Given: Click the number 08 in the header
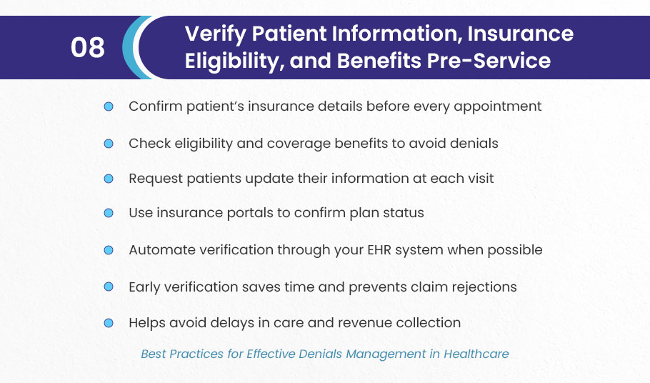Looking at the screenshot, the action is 87,47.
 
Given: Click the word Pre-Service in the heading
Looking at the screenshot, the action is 489,61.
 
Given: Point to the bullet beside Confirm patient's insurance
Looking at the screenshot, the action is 109,106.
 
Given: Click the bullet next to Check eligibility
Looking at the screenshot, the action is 109,144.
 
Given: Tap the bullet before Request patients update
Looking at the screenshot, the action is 109,179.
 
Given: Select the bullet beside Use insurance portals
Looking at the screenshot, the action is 109,213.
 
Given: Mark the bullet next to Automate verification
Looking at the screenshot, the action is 109,250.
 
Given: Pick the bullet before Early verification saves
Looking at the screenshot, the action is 109,287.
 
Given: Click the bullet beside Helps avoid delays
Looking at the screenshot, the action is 109,323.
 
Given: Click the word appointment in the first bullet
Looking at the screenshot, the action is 497,107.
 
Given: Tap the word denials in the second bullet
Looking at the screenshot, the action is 474,144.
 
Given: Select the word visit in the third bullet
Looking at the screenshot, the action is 481,178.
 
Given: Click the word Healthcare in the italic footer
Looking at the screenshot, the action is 476,354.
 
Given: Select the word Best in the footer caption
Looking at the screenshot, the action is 154,354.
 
